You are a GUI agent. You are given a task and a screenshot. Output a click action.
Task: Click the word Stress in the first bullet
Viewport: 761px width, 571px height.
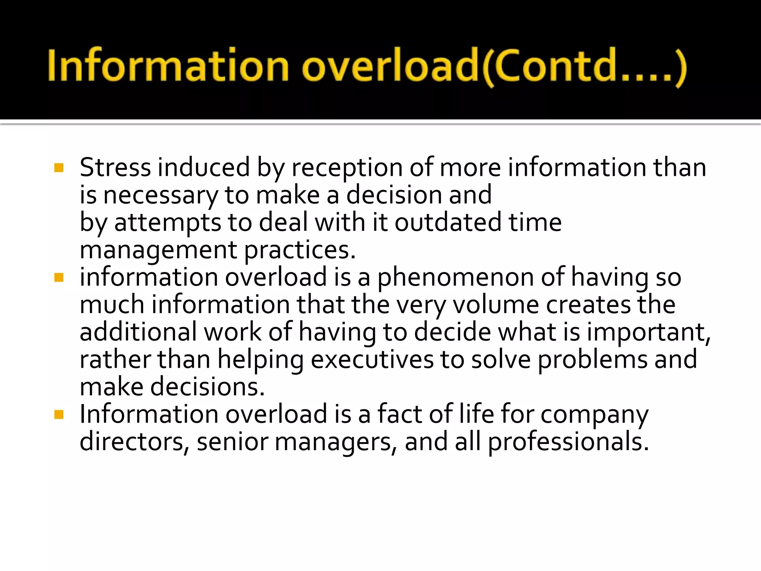click(x=115, y=167)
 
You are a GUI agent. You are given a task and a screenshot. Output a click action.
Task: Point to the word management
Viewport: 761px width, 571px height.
click(x=158, y=251)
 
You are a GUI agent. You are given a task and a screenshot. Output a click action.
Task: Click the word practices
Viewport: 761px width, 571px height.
click(x=300, y=251)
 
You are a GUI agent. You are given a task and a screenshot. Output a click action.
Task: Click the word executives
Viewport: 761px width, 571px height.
click(x=372, y=359)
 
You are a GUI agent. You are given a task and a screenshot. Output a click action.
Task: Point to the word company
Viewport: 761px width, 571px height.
click(x=594, y=415)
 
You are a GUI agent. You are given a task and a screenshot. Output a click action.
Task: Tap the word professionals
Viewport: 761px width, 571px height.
click(x=568, y=442)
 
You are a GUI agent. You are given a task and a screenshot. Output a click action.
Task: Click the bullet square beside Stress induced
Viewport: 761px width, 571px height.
click(x=59, y=168)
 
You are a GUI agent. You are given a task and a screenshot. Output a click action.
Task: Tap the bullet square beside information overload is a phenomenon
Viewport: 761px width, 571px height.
click(x=59, y=278)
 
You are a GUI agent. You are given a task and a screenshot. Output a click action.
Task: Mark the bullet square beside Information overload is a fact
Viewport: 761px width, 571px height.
click(x=59, y=414)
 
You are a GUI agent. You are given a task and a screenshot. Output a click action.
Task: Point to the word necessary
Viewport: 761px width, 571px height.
click(x=161, y=196)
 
